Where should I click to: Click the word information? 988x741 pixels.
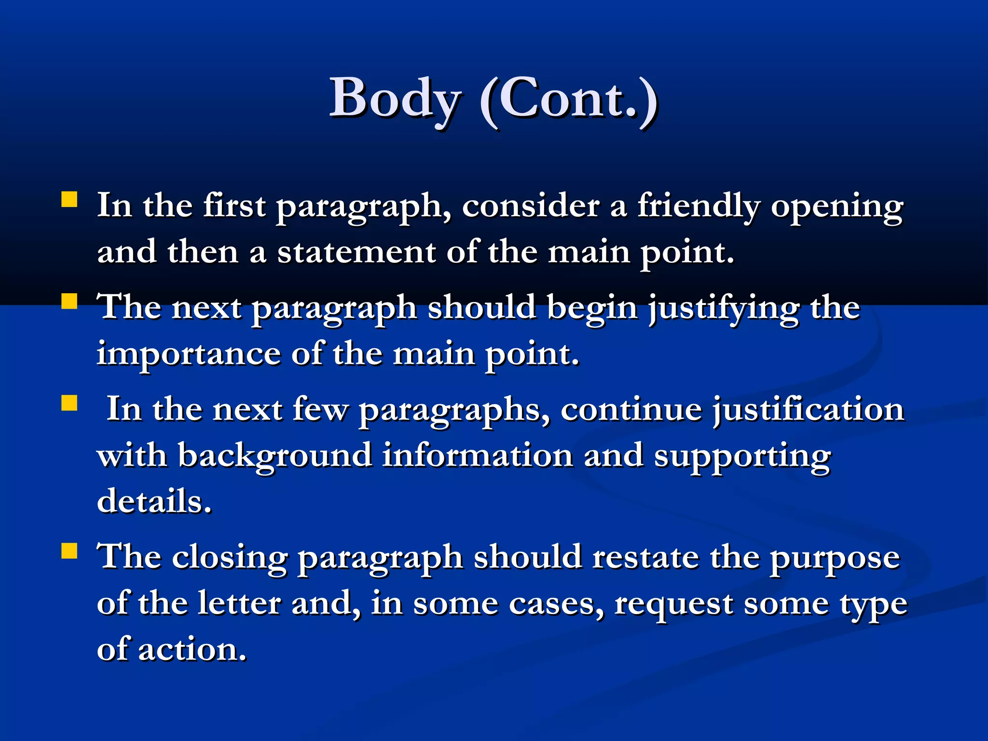tap(478, 455)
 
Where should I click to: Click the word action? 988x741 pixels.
tap(192, 649)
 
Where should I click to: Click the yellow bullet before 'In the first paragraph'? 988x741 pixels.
tap(69, 200)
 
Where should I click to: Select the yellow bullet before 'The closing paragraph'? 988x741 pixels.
tap(69, 551)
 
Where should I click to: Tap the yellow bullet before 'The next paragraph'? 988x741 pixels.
tap(69, 302)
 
